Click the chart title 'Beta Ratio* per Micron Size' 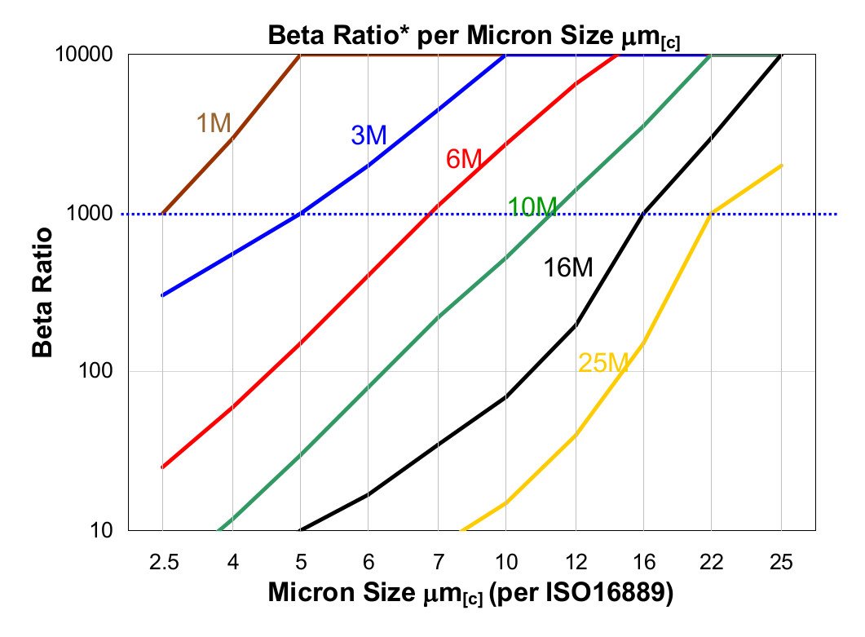coord(474,37)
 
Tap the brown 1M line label coord(214,123)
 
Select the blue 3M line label coord(369,135)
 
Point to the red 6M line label coord(465,159)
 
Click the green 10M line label coord(532,207)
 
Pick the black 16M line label coord(568,268)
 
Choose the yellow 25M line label coord(602,363)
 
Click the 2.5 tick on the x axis coord(162,563)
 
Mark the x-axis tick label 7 coord(438,563)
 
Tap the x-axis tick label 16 coord(644,563)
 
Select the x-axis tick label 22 coord(713,563)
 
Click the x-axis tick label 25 coord(782,563)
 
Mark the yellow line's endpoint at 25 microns coord(782,166)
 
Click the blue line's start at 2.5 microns coord(162,295)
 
